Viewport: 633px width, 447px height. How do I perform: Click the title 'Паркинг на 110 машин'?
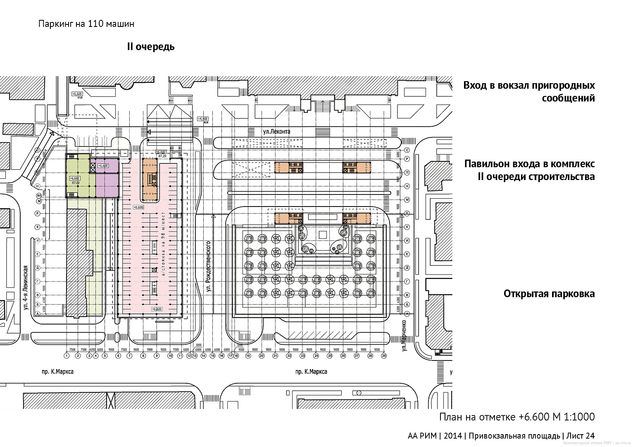coord(86,24)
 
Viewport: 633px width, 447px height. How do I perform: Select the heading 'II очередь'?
coord(151,47)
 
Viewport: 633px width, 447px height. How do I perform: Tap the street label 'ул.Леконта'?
coord(276,132)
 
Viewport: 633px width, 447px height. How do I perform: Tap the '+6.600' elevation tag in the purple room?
coord(102,166)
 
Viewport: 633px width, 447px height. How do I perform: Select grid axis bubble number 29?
coord(384,356)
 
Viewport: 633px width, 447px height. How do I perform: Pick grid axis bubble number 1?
coord(66,356)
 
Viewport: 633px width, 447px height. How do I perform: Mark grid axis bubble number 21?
coord(275,356)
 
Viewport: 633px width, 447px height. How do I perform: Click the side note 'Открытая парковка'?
coord(549,294)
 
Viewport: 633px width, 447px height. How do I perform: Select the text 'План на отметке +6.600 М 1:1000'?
coord(516,416)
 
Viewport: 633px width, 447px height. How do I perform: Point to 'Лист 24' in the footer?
coord(580,435)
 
